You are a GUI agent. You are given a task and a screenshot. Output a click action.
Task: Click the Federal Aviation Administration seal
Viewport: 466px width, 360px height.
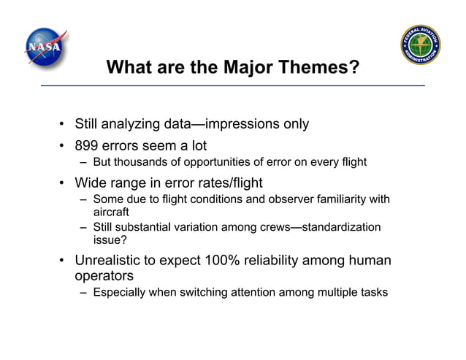coord(421,45)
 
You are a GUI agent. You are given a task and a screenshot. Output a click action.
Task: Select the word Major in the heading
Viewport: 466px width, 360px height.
coord(252,69)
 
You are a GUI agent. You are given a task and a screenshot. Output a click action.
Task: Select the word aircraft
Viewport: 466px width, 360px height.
coord(111,211)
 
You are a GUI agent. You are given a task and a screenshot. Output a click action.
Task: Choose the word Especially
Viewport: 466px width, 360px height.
coord(119,293)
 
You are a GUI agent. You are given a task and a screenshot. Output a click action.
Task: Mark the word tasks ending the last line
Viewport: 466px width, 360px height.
coord(374,293)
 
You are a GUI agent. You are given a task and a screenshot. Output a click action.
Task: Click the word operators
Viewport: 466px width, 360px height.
coord(103,276)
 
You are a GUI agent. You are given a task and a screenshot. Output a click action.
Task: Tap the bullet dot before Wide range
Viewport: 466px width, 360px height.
coord(64,183)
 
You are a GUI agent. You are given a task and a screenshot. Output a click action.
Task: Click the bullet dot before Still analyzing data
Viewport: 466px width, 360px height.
coord(64,124)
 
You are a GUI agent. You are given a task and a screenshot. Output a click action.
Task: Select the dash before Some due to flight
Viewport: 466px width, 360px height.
coord(84,199)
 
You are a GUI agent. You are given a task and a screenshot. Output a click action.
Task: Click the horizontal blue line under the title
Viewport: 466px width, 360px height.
coord(232,86)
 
